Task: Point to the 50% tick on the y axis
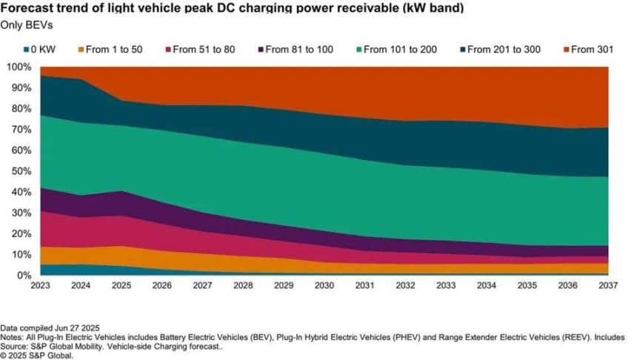[x=19, y=171]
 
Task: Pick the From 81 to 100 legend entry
[x=296, y=50]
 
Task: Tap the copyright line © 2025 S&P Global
[x=39, y=355]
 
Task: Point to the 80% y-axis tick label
[x=19, y=109]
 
